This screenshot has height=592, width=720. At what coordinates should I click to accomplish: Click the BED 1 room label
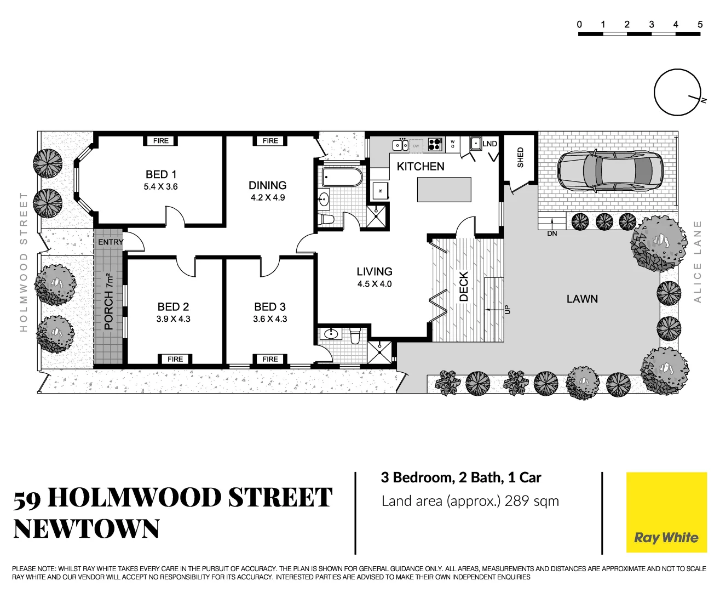(x=161, y=174)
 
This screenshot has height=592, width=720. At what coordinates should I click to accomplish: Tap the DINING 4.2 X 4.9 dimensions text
(x=268, y=198)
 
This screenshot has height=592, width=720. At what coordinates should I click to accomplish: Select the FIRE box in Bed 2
(x=175, y=359)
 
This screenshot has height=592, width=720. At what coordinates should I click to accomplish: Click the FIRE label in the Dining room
(x=270, y=141)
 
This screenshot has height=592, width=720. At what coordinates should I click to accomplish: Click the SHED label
(x=520, y=157)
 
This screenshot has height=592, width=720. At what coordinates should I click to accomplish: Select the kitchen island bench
(x=444, y=189)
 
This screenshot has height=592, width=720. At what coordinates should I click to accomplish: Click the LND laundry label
(x=489, y=144)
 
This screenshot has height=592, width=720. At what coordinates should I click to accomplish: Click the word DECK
(x=464, y=286)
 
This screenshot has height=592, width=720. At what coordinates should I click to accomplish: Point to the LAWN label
(x=582, y=299)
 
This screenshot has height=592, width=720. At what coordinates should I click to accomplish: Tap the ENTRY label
(x=111, y=242)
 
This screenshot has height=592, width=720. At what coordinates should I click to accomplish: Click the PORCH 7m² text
(x=108, y=301)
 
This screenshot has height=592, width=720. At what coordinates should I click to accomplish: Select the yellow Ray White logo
(x=666, y=512)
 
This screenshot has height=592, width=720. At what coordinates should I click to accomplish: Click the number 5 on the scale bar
(x=700, y=25)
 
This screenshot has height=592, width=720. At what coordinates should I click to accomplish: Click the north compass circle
(x=677, y=92)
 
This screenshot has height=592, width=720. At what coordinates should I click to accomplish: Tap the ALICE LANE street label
(x=697, y=261)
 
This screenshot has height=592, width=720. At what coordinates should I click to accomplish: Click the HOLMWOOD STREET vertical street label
(x=24, y=261)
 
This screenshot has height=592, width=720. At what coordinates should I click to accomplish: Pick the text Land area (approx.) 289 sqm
(x=470, y=501)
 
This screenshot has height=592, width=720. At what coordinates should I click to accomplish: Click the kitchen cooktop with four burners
(x=435, y=144)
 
